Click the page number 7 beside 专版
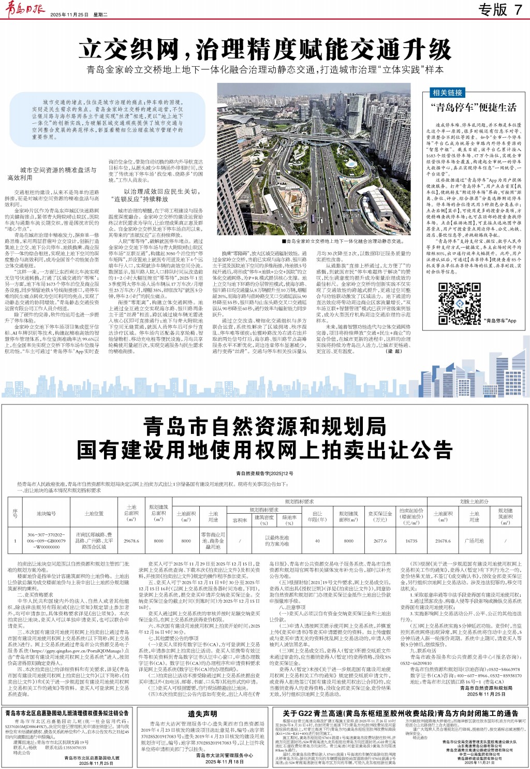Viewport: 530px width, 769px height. coord(518,9)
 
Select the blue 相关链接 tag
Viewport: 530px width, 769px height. coord(447,93)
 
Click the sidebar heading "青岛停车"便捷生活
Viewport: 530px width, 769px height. coord(474,107)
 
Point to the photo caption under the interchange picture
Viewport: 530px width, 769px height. coord(343,241)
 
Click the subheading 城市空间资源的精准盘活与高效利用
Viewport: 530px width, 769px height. coord(52,173)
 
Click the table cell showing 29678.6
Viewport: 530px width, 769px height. coord(131,541)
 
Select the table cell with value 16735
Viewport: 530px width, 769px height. coord(411,541)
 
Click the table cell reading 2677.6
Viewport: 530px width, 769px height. coord(380,541)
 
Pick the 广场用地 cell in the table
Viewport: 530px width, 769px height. coord(474,541)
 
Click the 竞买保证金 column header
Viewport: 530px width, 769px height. coord(380,516)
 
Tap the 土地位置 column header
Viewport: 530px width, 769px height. coord(94,514)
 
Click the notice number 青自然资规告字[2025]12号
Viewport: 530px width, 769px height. coord(264,473)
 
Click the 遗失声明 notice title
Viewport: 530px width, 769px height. coord(202,714)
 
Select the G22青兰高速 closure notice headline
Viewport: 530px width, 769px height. coord(400,713)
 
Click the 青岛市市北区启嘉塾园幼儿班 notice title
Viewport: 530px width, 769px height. coord(66,713)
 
